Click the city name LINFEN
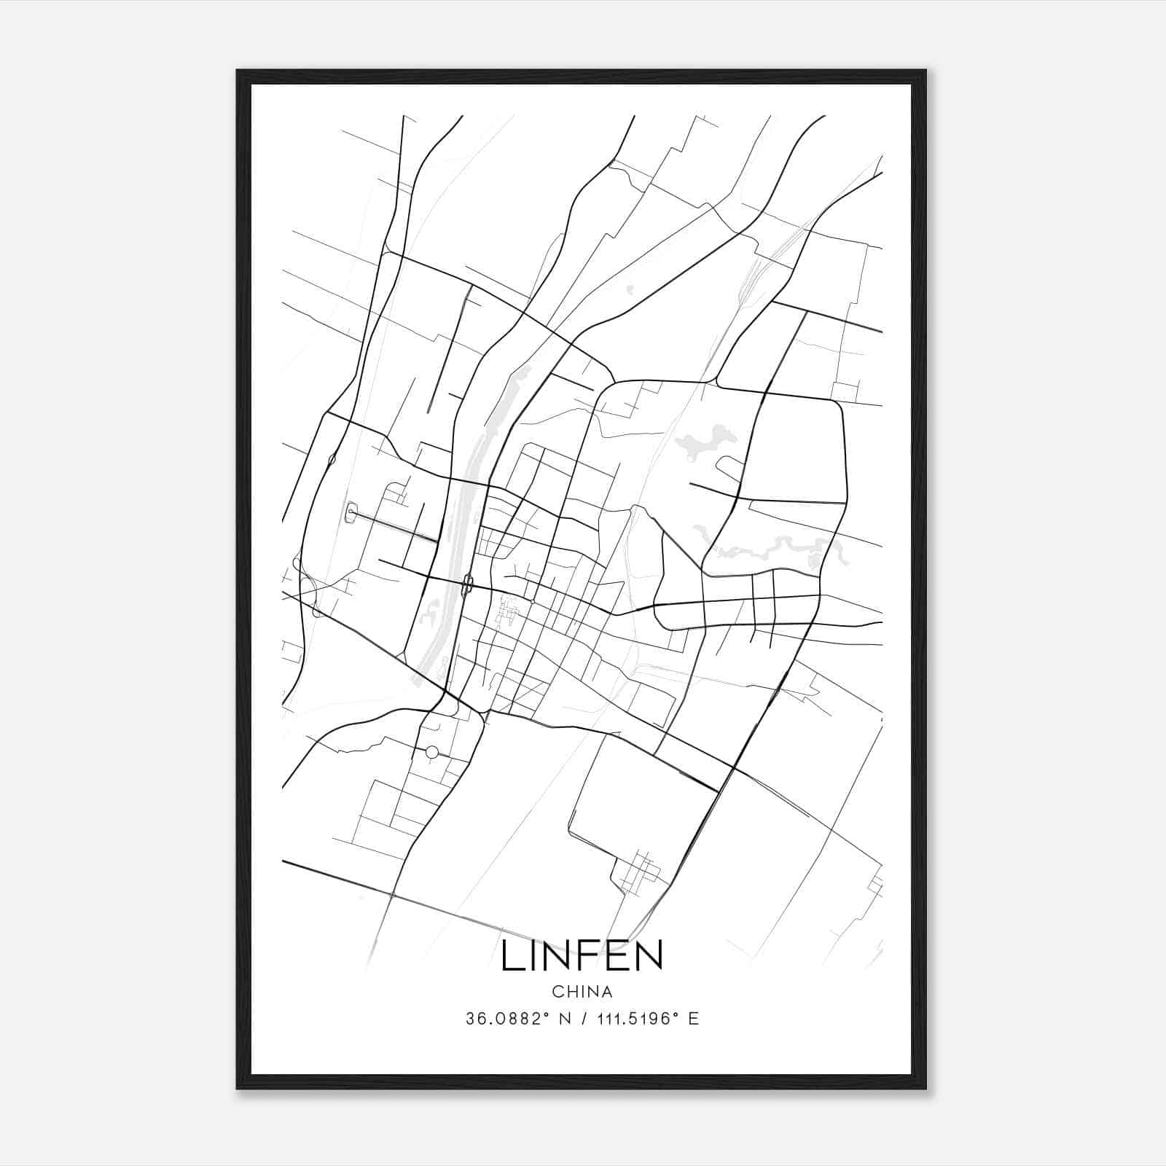coord(582,955)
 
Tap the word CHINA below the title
coord(582,992)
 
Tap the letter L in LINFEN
coord(510,955)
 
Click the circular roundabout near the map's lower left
coord(431,751)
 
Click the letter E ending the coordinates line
coord(693,1019)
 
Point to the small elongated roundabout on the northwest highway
coord(332,460)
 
